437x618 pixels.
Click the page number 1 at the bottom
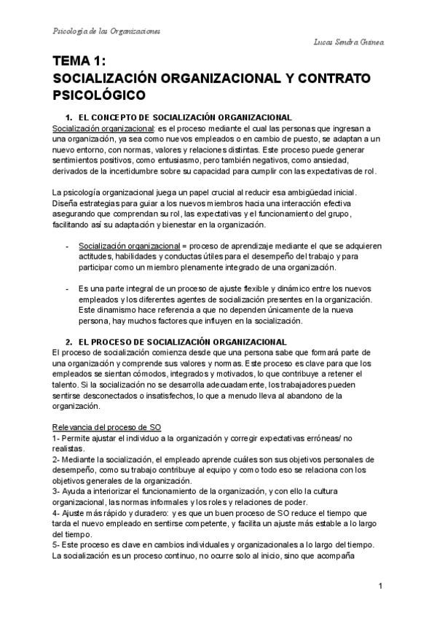tap(380, 587)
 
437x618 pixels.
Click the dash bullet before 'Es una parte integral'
tap(67, 289)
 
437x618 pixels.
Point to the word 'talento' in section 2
tap(66, 384)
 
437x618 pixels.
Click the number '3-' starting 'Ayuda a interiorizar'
tap(58, 491)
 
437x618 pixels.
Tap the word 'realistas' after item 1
tap(68, 449)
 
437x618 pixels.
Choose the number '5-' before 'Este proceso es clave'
tap(58, 545)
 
